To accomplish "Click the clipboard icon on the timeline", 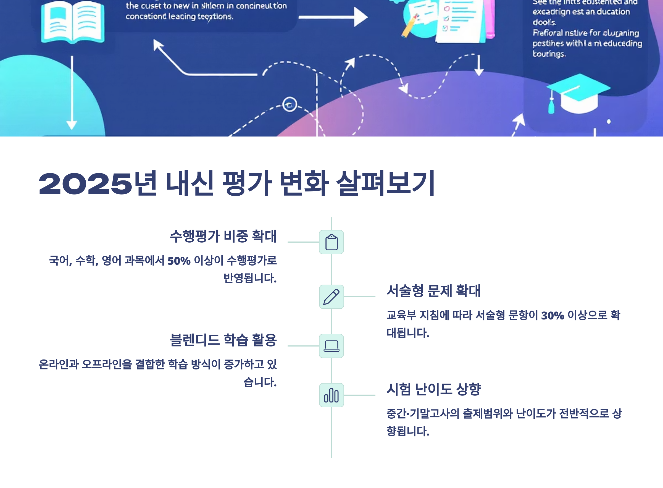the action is (331, 242).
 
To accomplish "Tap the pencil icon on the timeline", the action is (331, 297).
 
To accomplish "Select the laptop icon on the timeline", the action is (331, 346).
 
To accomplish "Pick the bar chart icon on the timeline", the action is (331, 395).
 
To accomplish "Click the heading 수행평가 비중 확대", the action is (223, 236).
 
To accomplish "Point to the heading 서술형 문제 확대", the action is (433, 291).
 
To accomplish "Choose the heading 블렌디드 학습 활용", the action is (223, 340).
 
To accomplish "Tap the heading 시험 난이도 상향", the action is (433, 389).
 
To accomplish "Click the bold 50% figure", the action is (179, 261).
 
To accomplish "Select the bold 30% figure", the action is (552, 316).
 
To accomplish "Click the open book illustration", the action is (73, 22).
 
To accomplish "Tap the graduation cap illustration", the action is (578, 93).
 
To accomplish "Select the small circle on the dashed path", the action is (290, 104).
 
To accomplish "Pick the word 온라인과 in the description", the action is (59, 364).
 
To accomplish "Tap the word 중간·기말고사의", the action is (423, 413).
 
